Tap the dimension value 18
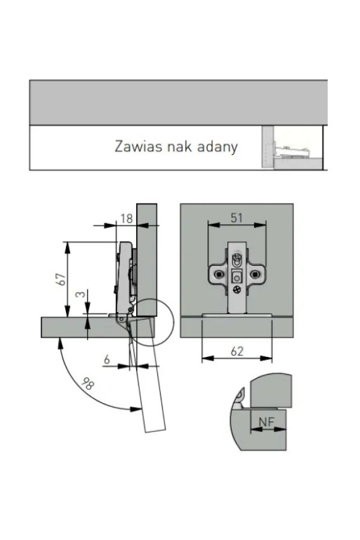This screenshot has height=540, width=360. pyautogui.click(x=127, y=218)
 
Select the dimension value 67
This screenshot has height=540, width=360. pyautogui.click(x=62, y=279)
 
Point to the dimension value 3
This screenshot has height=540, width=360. pyautogui.click(x=80, y=295)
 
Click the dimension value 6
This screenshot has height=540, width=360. pyautogui.click(x=107, y=359)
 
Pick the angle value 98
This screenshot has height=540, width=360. pyautogui.click(x=88, y=383)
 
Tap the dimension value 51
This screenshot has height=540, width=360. pyautogui.click(x=236, y=218)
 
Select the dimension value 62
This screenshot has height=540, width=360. pyautogui.click(x=237, y=351)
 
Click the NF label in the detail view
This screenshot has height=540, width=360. pyautogui.click(x=266, y=422)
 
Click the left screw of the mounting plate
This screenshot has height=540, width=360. pyautogui.click(x=218, y=274)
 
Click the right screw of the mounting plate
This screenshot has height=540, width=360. pyautogui.click(x=255, y=274)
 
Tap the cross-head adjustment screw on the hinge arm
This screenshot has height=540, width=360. pyautogui.click(x=236, y=290)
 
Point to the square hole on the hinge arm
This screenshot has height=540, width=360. pyautogui.click(x=236, y=277)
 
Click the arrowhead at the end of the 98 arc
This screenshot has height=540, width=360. pyautogui.click(x=136, y=409)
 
